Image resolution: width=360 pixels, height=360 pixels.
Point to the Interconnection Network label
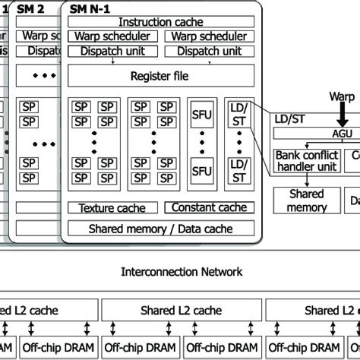180,271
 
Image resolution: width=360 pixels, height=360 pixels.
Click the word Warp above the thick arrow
343,98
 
